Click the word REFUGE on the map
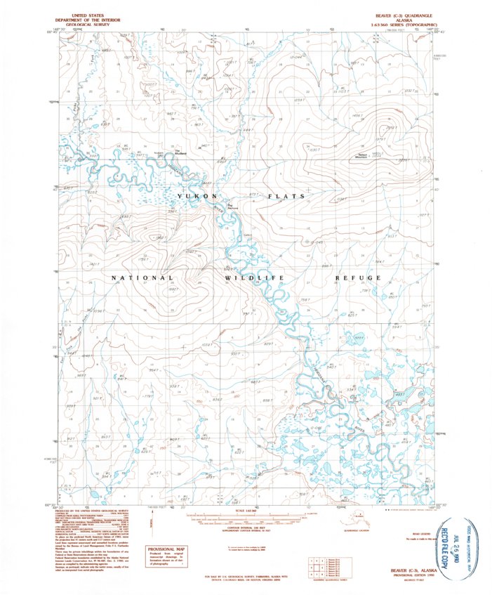point(358,278)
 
